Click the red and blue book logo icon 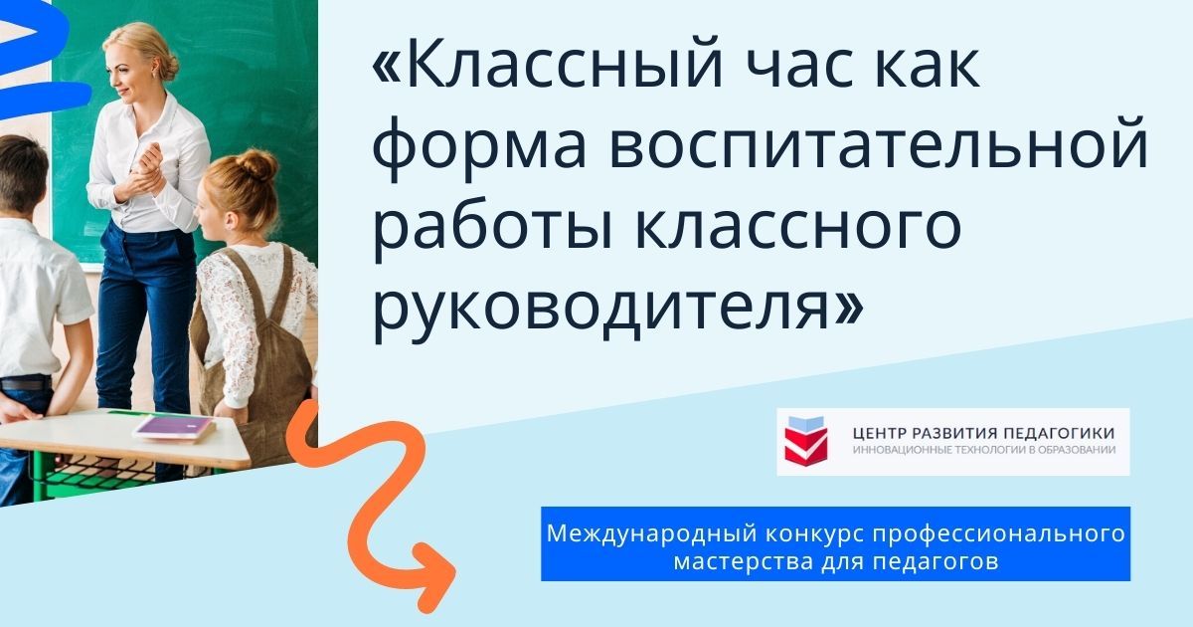pos(805,441)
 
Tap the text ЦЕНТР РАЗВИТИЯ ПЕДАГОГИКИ pos(983,432)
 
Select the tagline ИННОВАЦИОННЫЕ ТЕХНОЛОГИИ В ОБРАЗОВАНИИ pos(983,450)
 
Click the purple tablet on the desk pos(174,427)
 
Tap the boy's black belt pos(25,383)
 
